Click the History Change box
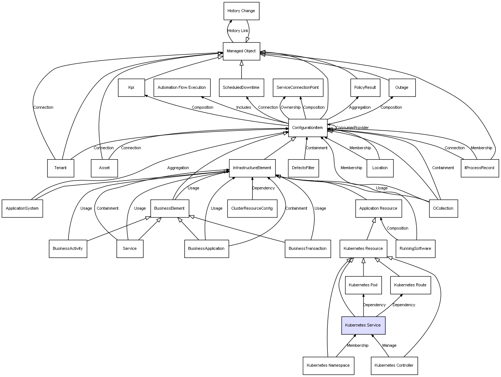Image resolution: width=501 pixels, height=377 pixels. [241, 11]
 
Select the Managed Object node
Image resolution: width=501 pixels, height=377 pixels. [241, 51]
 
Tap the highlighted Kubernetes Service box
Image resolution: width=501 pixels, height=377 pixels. [363, 325]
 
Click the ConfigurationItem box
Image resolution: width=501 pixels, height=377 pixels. [308, 128]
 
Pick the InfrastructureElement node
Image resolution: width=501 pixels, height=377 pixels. [252, 168]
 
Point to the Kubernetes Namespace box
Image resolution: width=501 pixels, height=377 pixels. [328, 365]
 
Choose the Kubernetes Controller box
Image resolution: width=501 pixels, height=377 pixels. [394, 365]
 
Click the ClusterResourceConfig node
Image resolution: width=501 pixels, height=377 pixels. [252, 209]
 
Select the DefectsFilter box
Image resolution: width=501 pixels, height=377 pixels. [303, 168]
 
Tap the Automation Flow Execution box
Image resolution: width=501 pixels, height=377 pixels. [182, 88]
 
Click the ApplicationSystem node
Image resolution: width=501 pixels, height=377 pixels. [22, 209]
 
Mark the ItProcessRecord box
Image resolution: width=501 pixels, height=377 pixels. [480, 168]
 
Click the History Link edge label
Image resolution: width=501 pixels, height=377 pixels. [238, 31]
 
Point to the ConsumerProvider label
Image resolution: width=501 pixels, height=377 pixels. [352, 128]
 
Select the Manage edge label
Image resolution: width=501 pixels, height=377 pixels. [389, 346]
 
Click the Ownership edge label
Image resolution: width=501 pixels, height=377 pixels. [290, 107]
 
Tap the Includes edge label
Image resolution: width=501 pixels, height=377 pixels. [244, 107]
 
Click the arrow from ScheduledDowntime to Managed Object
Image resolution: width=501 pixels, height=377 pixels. [241, 70]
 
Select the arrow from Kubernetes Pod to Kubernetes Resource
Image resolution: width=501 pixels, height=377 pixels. [363, 267]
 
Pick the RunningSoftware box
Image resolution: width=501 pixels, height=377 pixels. [415, 249]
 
